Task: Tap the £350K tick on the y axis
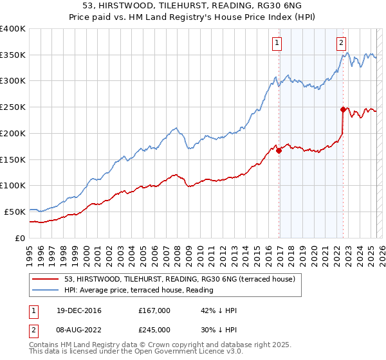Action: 13,55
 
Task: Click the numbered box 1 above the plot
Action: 277,44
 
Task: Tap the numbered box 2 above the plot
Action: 341,44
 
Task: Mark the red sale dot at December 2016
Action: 279,150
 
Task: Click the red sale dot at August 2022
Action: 343,110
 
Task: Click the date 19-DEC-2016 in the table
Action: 73,310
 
